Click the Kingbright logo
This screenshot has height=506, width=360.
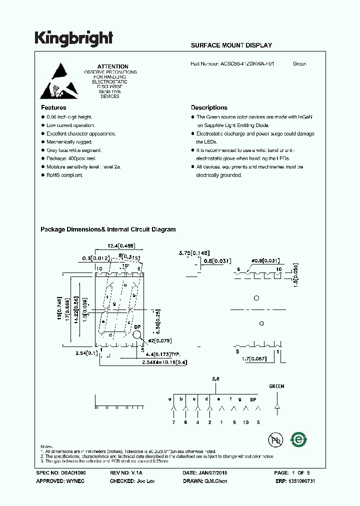coord(74,38)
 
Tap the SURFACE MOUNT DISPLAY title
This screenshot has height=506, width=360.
coord(231,45)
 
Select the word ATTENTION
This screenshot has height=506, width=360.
coord(112,66)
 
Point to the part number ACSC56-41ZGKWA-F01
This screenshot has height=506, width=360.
coord(247,64)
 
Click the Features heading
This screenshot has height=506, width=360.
coord(53,107)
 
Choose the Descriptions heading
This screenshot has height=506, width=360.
coord(209,107)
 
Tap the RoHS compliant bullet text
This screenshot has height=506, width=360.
coord(64,175)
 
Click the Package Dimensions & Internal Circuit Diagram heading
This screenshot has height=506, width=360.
coord(108,229)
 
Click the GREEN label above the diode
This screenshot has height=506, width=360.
coord(276,386)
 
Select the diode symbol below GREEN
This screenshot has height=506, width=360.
coord(276,406)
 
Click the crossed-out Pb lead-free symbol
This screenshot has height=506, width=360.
coord(275,440)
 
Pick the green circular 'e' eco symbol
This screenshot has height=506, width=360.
coord(299,439)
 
